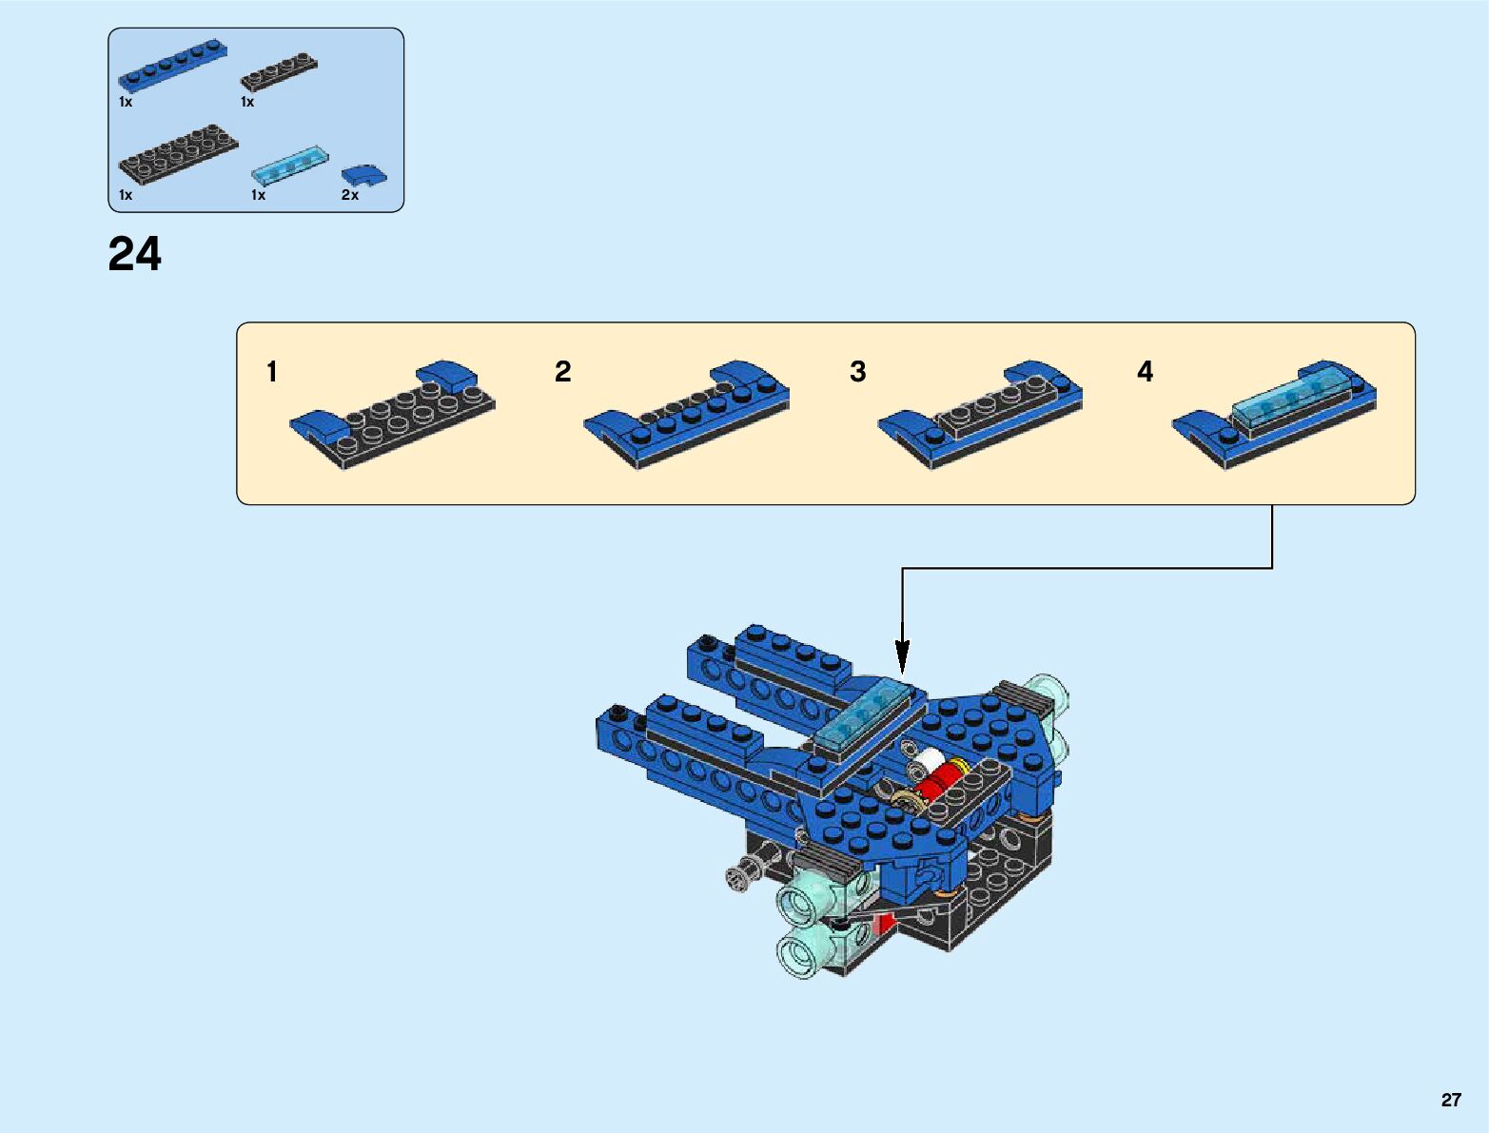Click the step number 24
[135, 255]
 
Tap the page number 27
[1450, 1100]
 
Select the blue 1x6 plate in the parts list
[172, 66]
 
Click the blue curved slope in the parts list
[363, 175]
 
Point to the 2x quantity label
[350, 195]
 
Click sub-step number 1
[272, 372]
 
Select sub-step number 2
[563, 372]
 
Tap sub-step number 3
[858, 372]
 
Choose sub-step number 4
[1146, 372]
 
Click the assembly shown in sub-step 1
[392, 415]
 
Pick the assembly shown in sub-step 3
[980, 415]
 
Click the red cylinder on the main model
[937, 781]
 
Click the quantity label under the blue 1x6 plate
[126, 102]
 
